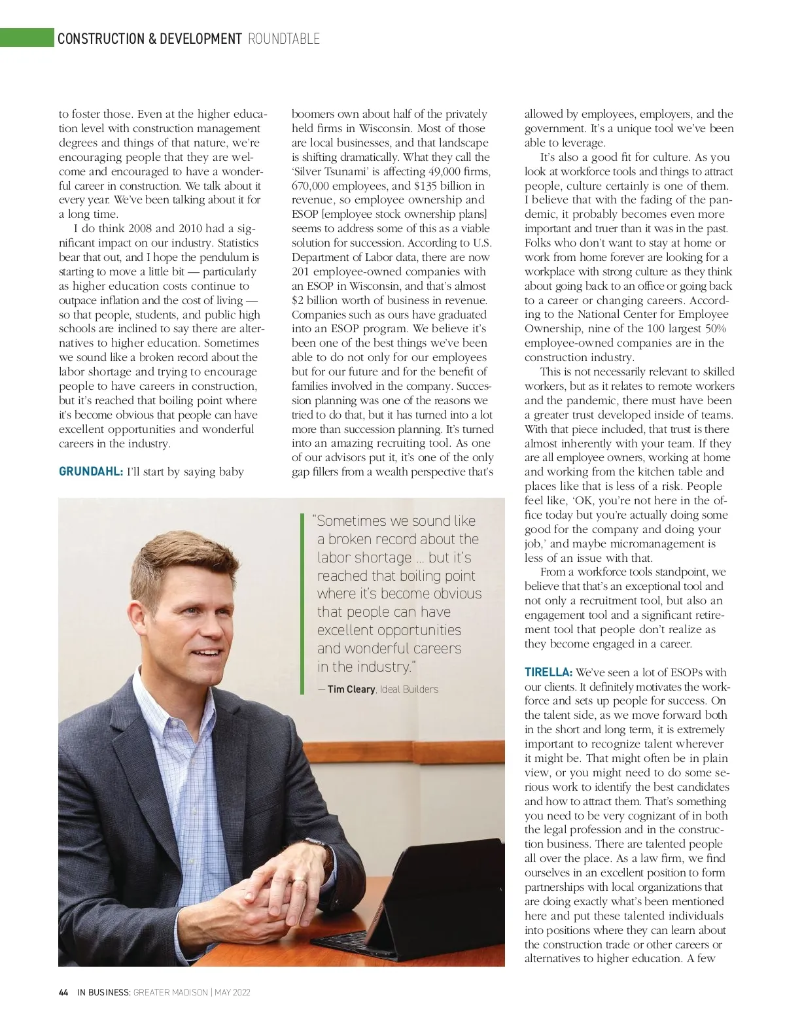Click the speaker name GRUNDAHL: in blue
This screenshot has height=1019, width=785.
(91, 472)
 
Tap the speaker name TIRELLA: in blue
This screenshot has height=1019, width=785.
(548, 672)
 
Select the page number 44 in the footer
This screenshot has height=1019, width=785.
(63, 992)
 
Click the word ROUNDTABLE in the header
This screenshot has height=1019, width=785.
(284, 39)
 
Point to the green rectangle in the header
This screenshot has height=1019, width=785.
(26, 38)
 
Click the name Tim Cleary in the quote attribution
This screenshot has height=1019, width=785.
(351, 689)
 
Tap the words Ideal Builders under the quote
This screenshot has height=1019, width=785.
(410, 689)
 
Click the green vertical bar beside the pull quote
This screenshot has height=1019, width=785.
(303, 603)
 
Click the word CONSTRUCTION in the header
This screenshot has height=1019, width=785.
(97, 39)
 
